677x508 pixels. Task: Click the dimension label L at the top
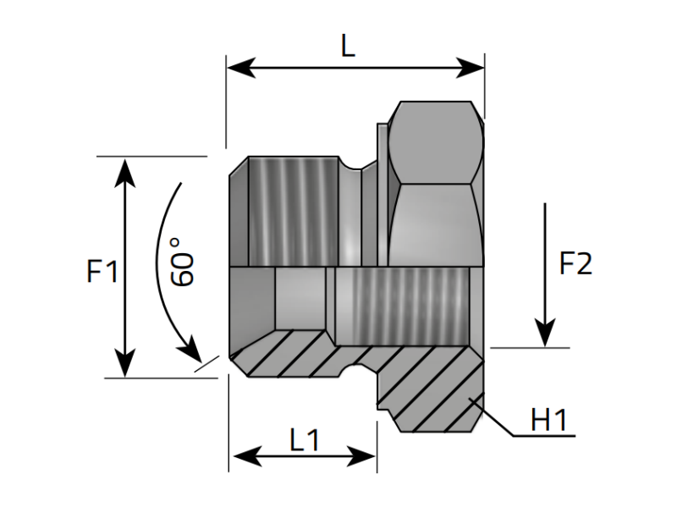(348, 46)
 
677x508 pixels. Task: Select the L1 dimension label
(304, 439)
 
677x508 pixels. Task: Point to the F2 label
(576, 264)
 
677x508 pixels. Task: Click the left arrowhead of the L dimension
(239, 68)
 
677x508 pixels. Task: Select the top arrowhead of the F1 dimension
(125, 170)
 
